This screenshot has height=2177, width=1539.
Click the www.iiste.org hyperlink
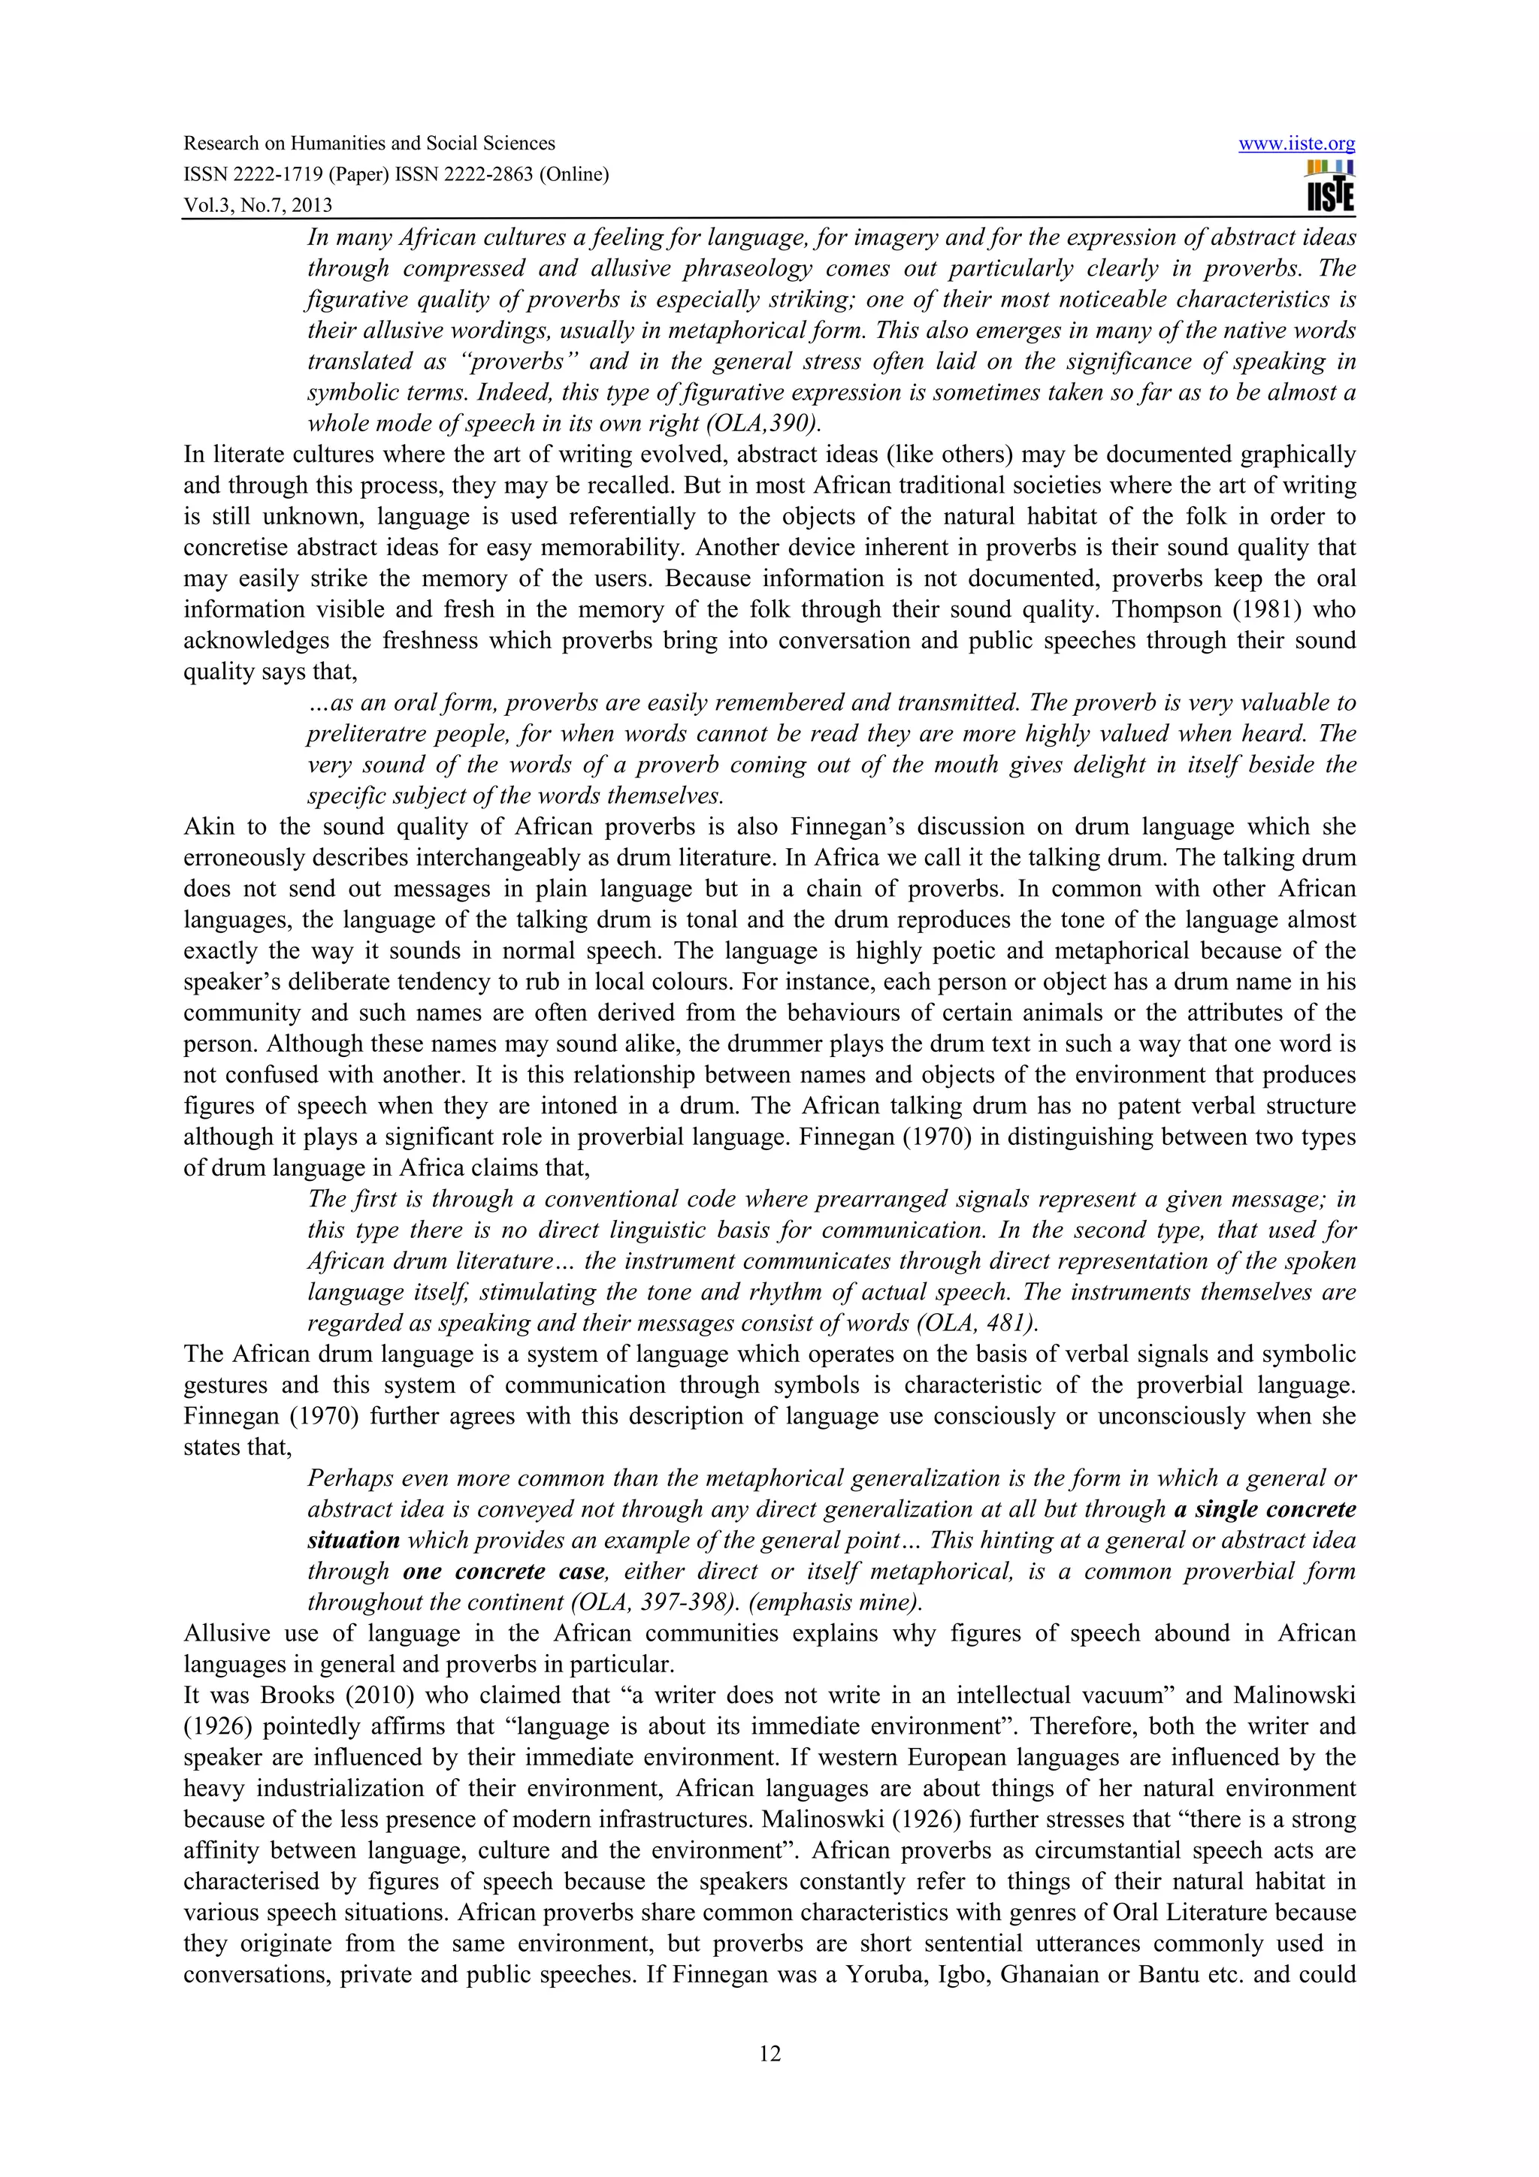coord(1296,144)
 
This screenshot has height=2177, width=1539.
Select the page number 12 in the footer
coord(769,2054)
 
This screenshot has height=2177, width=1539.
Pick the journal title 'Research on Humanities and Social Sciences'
coord(369,144)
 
